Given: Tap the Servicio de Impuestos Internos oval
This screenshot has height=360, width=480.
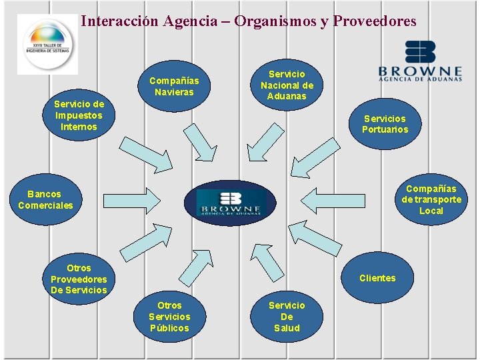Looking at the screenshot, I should click(79, 115).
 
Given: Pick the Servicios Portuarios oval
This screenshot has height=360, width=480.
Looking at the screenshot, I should click(385, 124).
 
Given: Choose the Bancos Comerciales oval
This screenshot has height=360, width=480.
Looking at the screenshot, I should click(45, 200).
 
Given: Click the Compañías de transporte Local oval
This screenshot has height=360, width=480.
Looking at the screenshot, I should click(431, 199).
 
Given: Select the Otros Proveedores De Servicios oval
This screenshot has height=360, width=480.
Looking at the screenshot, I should click(79, 279).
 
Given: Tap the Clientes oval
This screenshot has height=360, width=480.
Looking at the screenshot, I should click(377, 278).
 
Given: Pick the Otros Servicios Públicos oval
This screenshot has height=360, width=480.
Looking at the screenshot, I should click(169, 317).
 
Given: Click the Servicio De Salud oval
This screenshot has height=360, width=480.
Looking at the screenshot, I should click(287, 317).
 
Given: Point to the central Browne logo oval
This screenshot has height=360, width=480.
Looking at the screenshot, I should click(231, 203).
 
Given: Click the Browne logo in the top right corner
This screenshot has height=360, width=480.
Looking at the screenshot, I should click(420, 61).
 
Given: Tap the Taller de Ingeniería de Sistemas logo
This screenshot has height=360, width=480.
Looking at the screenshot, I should click(47, 44).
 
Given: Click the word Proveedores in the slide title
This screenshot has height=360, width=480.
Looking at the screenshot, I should click(375, 21).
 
